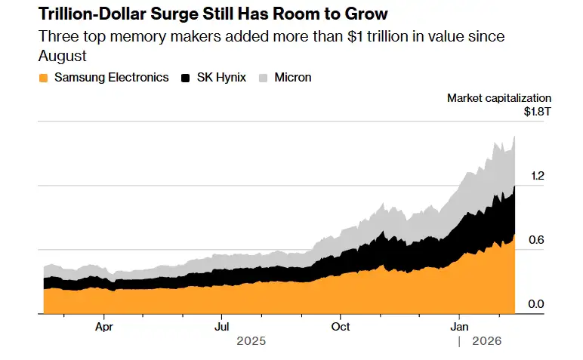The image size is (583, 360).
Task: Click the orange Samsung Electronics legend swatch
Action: tap(43, 78)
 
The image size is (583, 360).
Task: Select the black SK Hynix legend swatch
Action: tap(186, 78)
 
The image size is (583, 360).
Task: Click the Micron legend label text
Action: tap(294, 78)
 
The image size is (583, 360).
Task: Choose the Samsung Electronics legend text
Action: tap(111, 78)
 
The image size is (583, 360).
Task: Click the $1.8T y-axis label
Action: tap(538, 112)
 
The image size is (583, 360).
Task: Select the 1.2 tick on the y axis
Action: tap(537, 176)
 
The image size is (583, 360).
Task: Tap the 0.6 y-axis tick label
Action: tap(537, 240)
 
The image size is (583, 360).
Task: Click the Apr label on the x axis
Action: tap(104, 327)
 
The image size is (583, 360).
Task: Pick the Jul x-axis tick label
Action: tap(221, 327)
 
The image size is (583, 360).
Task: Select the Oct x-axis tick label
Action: tap(341, 327)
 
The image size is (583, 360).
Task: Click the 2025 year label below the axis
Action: tap(251, 341)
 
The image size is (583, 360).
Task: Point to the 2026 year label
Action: tap(487, 341)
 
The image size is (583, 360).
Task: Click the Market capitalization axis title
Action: tap(499, 98)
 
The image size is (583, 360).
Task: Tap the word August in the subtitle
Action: tap(61, 56)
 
